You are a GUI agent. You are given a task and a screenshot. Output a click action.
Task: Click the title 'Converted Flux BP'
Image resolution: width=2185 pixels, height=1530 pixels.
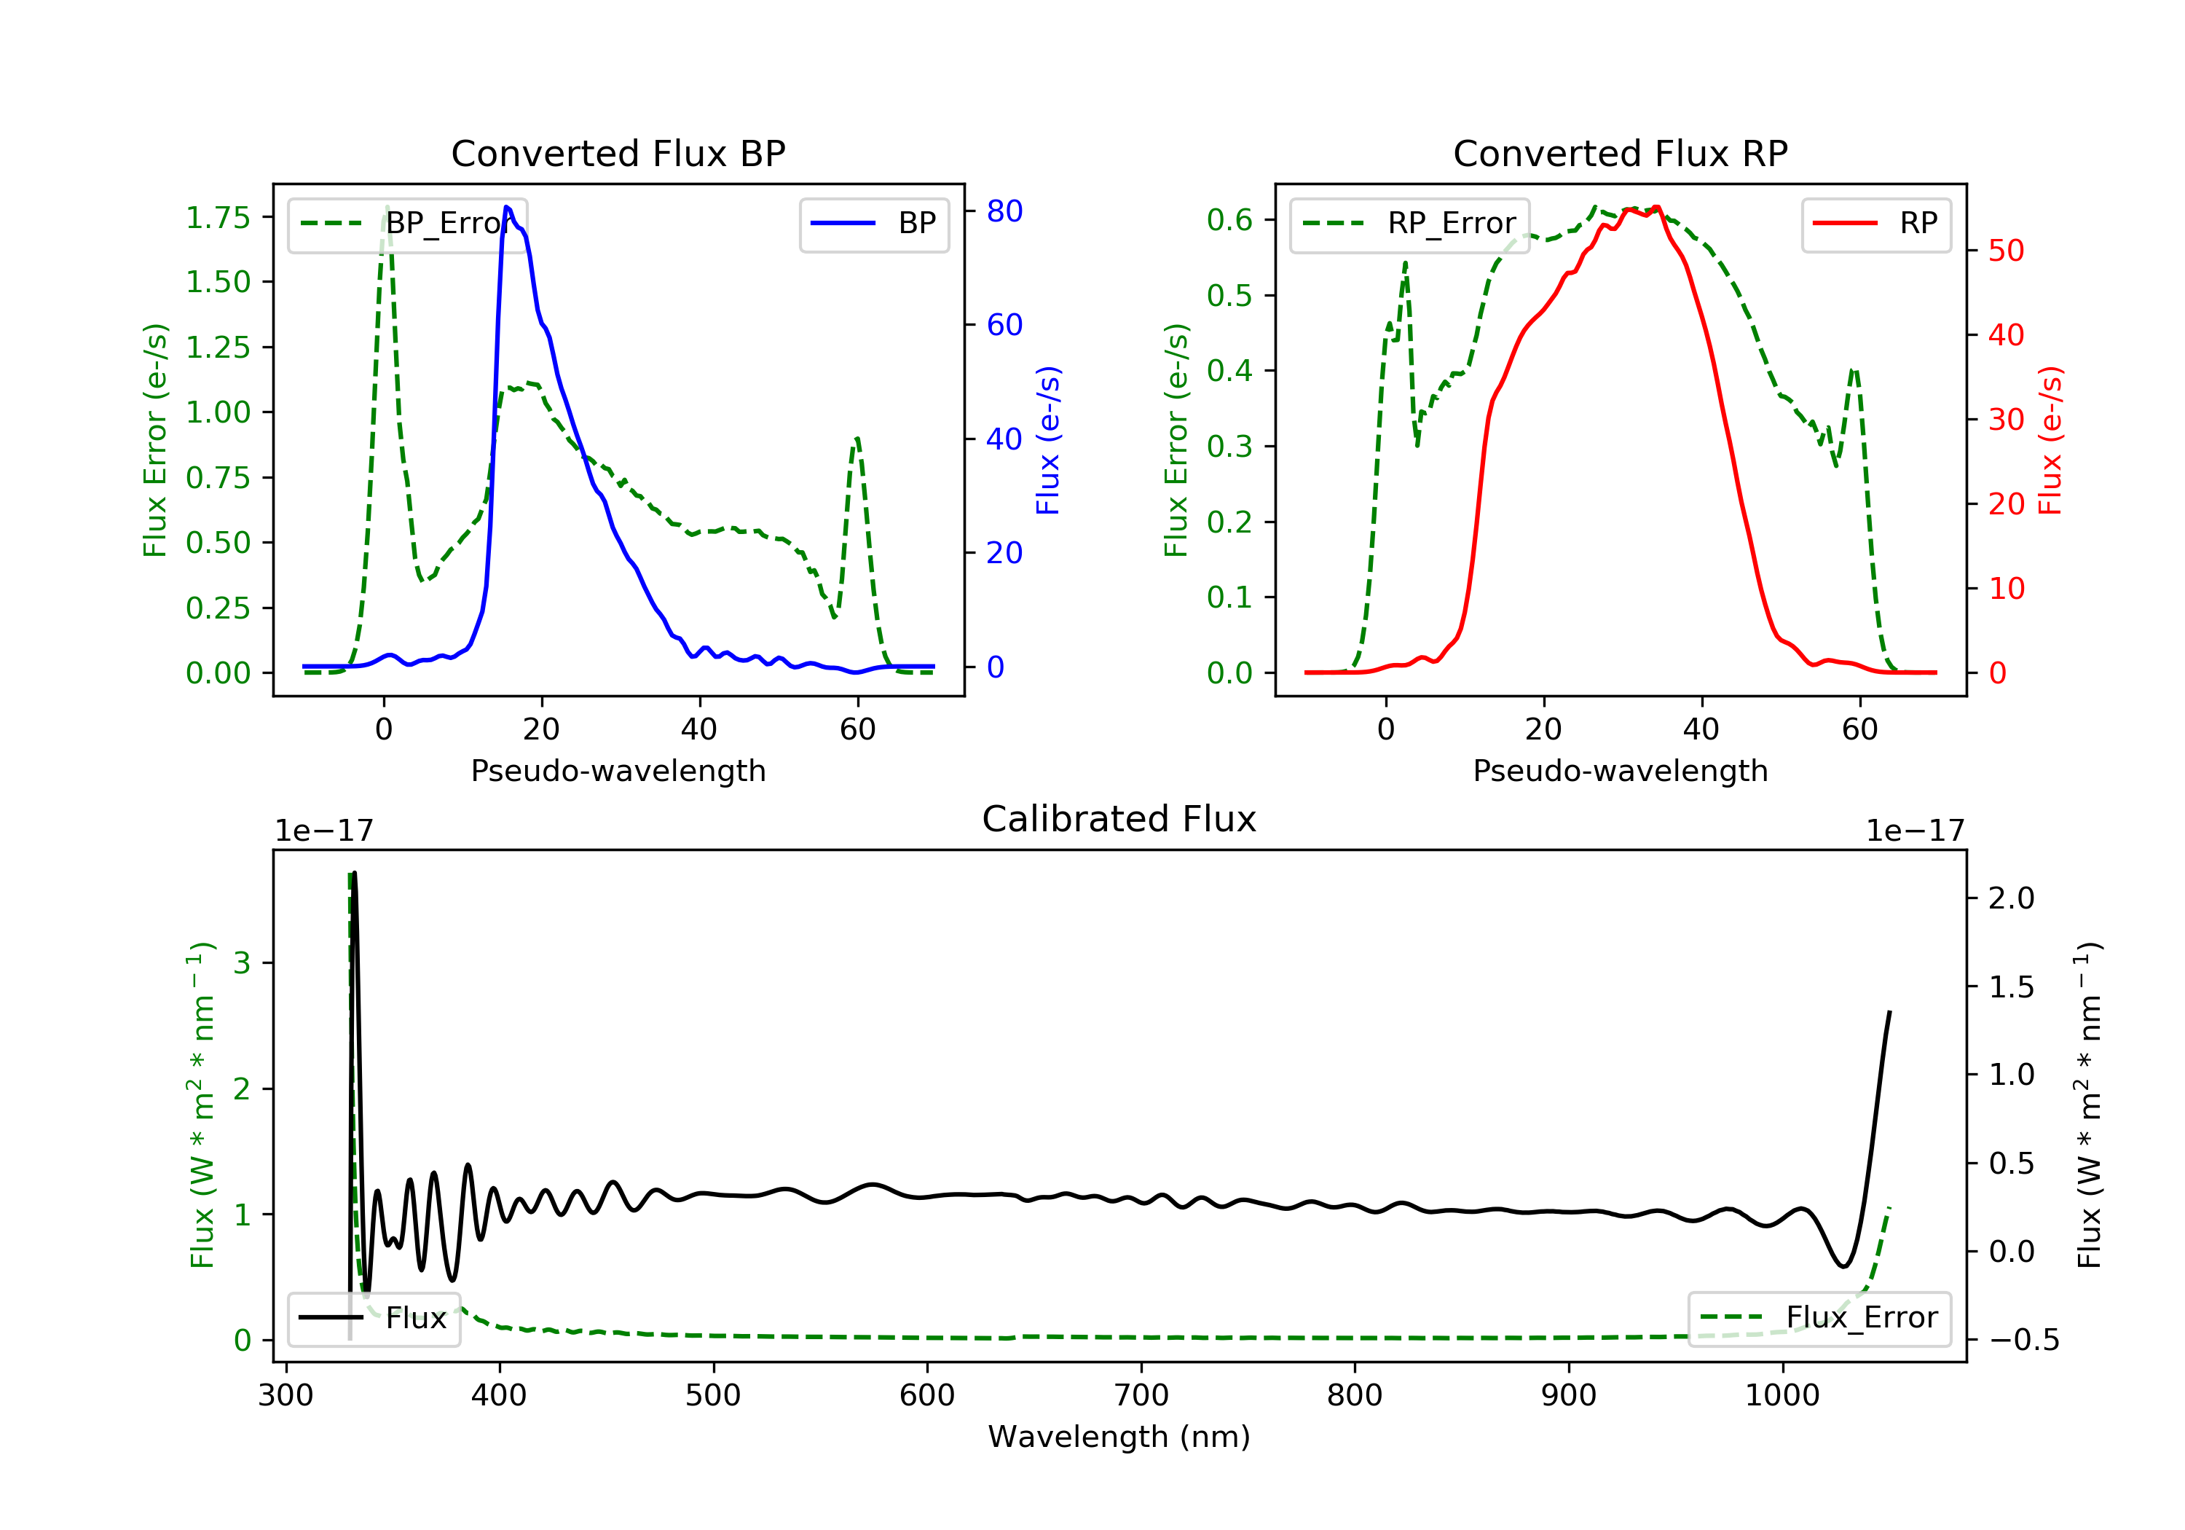618,153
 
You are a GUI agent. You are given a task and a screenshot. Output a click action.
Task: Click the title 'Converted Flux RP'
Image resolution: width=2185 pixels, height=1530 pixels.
1620,153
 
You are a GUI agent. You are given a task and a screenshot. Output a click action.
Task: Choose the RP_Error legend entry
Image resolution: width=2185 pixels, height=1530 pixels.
1409,224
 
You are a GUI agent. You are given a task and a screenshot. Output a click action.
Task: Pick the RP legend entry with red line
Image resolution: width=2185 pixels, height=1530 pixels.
1875,224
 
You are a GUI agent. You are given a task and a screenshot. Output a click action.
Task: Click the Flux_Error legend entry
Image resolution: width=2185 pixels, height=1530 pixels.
1819,1318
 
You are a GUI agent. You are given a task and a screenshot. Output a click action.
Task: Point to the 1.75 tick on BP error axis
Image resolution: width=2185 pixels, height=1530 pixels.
218,217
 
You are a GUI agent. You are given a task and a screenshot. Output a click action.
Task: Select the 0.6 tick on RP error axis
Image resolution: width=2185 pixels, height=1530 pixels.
1229,220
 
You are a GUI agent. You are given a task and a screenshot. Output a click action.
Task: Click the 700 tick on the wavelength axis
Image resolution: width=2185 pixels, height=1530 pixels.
1141,1396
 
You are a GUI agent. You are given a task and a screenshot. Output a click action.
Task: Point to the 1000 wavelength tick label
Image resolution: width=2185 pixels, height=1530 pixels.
1782,1396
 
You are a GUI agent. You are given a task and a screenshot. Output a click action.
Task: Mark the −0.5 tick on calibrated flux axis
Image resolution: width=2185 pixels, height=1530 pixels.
2011,1341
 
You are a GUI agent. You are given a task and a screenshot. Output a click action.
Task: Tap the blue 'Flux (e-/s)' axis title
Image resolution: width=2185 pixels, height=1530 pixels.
1048,440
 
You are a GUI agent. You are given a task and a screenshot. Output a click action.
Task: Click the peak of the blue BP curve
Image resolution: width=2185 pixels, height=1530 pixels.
506,207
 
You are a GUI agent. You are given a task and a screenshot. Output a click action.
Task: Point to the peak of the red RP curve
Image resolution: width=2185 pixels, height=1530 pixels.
1657,207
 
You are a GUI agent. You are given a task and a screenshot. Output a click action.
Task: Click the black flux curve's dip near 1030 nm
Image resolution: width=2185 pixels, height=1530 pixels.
1843,1266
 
